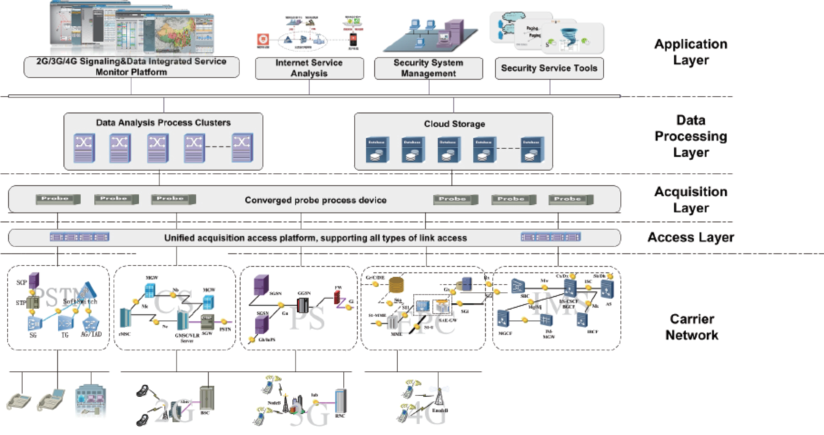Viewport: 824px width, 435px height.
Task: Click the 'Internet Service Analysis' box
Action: coord(309,67)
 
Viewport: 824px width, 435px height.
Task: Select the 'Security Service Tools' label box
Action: coord(549,68)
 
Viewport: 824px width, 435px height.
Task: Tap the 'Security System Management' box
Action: coord(429,67)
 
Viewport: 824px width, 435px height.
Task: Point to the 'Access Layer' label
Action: coord(691,238)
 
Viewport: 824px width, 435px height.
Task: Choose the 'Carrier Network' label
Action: coord(691,327)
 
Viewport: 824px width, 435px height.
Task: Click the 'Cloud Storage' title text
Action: coord(454,124)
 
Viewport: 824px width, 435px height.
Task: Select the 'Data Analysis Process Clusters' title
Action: coord(163,123)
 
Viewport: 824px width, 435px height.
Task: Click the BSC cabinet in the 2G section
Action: coord(207,402)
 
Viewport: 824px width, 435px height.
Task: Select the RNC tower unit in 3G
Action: coord(340,404)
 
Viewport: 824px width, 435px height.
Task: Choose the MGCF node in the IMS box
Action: coord(503,318)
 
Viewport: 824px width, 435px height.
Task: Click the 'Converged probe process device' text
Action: coord(316,200)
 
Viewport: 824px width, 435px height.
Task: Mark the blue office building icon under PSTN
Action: coord(89,402)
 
